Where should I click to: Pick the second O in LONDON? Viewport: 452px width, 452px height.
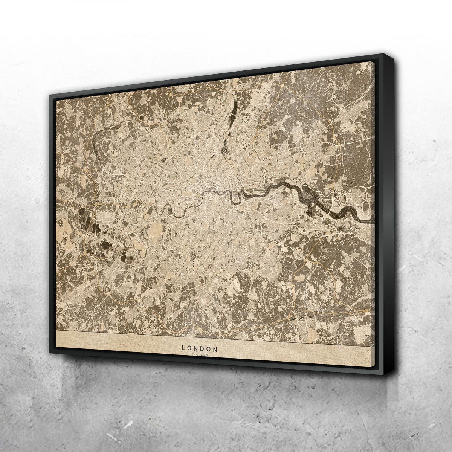(x=210, y=348)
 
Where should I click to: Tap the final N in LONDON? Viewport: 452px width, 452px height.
(x=216, y=348)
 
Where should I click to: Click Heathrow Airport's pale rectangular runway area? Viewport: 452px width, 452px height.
(x=106, y=216)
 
